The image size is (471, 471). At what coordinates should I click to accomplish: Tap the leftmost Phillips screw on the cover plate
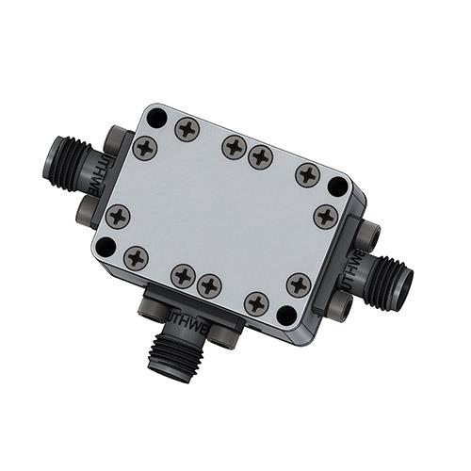coord(118,216)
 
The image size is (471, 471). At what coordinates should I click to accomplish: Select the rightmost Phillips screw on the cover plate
coord(325,215)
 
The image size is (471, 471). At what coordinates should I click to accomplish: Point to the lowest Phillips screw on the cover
coord(255,303)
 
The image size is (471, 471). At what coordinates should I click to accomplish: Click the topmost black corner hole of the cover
coord(157,118)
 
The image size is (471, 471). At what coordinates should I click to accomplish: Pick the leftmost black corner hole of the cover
coord(106,247)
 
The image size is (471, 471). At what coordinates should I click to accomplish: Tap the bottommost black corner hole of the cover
coord(286,316)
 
